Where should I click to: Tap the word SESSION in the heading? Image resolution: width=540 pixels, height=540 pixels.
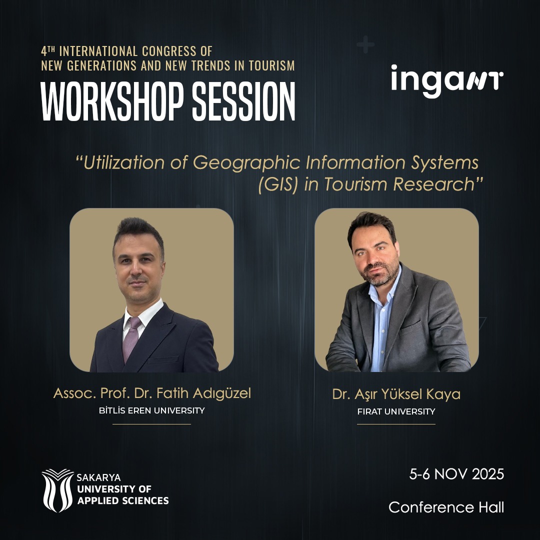pyautogui.click(x=243, y=101)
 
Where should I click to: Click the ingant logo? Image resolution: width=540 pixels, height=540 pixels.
pyautogui.click(x=447, y=81)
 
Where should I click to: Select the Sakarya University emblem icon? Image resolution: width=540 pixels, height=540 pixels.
pyautogui.click(x=57, y=490)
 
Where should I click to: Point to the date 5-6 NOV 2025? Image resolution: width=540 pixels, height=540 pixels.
pyautogui.click(x=456, y=474)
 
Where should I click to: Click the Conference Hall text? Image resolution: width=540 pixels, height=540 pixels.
pyautogui.click(x=446, y=507)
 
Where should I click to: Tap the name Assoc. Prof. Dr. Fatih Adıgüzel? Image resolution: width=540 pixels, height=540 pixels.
pyautogui.click(x=152, y=393)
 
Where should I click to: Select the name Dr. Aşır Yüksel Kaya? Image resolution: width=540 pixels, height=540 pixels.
pyautogui.click(x=396, y=394)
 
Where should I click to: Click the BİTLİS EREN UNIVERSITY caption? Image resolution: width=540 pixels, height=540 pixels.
pyautogui.click(x=152, y=410)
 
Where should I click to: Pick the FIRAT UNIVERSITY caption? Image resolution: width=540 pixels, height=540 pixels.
pyautogui.click(x=396, y=411)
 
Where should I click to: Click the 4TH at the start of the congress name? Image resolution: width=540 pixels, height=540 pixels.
pyautogui.click(x=48, y=51)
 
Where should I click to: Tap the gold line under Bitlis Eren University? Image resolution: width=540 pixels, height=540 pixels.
pyautogui.click(x=152, y=424)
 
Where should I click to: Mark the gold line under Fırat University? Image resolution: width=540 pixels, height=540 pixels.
pyautogui.click(x=396, y=424)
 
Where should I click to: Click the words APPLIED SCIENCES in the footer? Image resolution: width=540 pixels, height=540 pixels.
pyautogui.click(x=123, y=500)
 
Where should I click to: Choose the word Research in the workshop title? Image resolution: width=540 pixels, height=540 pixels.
pyautogui.click(x=434, y=184)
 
